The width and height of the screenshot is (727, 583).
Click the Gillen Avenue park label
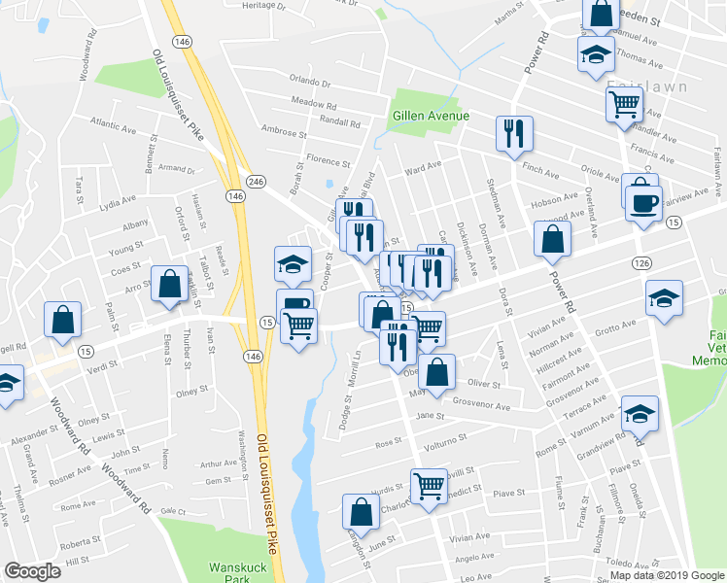(431, 116)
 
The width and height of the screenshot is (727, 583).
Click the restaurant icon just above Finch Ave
(514, 133)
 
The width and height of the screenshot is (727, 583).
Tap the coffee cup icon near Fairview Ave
(644, 204)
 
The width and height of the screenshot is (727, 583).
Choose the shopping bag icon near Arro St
(170, 285)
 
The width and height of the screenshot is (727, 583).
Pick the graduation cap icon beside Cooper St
(293, 262)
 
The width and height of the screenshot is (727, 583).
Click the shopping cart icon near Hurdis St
(429, 484)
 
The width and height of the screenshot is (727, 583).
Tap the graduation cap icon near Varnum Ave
(639, 415)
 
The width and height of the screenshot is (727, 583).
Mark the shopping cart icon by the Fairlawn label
(624, 102)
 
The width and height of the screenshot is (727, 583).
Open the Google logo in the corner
(32, 571)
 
